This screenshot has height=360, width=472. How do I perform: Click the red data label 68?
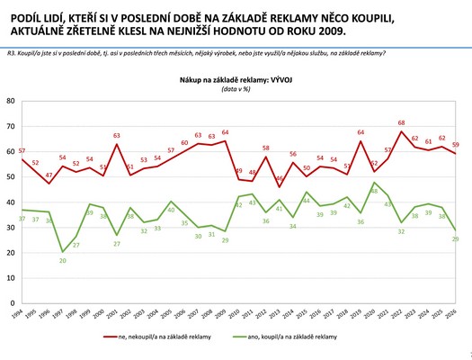click(x=401, y=122)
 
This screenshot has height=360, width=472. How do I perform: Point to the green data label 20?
click(x=62, y=260)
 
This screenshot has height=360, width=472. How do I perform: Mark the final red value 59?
click(x=457, y=145)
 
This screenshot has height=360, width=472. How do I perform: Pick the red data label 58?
click(x=266, y=147)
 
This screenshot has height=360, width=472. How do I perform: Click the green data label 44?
click(x=307, y=201)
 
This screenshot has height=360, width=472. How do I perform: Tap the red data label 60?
click(x=184, y=143)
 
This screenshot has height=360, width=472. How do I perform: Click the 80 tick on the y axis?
click(x=12, y=100)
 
